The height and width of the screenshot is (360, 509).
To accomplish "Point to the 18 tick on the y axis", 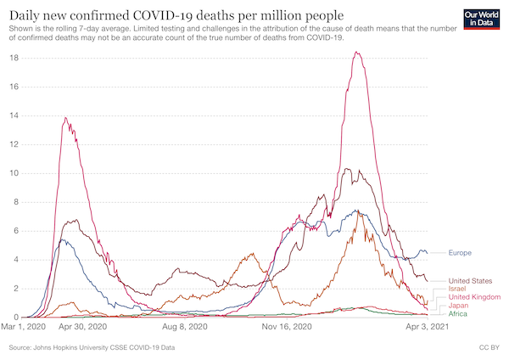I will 14,58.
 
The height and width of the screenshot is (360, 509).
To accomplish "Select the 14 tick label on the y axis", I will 14,115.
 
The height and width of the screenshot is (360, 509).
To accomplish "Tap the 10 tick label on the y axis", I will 14,173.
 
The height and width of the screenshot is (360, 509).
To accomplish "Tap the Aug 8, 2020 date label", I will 184,326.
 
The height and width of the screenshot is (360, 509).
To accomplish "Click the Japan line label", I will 459,306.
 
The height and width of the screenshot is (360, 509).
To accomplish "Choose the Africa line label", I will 459,314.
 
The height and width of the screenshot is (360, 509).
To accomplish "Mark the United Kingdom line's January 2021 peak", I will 357,53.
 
